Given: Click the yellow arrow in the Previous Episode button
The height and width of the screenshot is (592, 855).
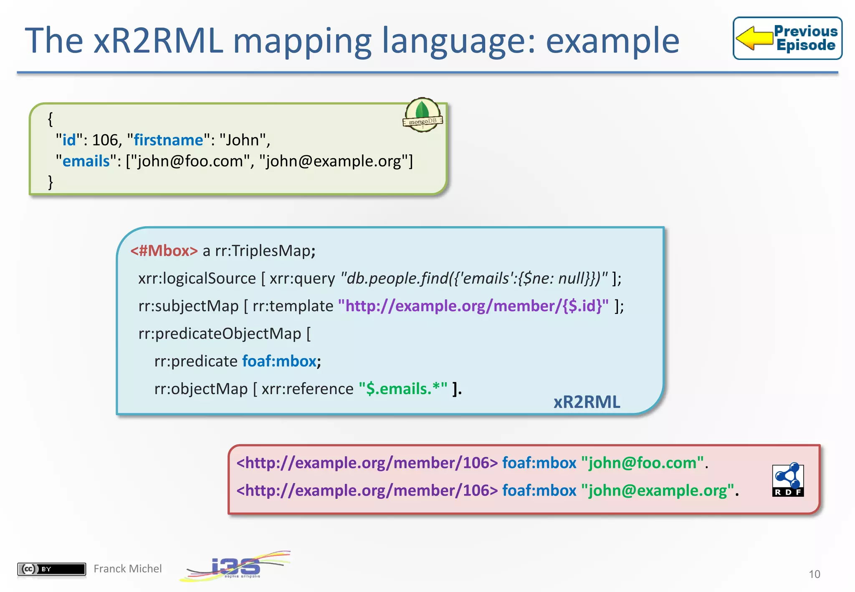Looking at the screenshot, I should tap(754, 38).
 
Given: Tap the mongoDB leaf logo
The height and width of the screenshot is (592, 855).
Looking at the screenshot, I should tap(422, 114).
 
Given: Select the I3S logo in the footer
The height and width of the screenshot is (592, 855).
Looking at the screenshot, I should tap(236, 567).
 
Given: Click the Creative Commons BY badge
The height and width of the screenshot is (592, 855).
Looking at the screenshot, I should tap(51, 569).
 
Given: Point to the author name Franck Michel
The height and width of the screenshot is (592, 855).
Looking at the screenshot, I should tap(127, 569).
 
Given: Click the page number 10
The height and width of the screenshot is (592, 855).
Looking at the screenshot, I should tap(814, 574).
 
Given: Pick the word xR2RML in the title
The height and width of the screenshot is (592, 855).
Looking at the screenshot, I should tap(158, 40).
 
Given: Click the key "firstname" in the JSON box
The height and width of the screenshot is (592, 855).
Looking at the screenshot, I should tap(168, 140).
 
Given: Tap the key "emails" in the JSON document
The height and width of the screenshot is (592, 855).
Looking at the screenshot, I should tap(86, 161).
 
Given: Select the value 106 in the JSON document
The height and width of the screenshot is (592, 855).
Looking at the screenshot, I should tap(105, 140).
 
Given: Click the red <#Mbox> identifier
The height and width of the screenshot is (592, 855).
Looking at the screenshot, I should tap(164, 250).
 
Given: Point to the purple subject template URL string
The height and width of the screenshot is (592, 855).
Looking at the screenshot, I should tap(473, 306).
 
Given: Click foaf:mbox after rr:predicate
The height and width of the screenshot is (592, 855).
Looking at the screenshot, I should tap(279, 361).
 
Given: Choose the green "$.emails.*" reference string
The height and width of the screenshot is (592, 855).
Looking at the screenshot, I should tap(403, 389).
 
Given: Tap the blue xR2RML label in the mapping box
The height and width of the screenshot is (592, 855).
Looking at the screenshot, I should tap(587, 402).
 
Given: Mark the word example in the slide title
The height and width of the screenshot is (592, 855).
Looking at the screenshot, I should tap(612, 40).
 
